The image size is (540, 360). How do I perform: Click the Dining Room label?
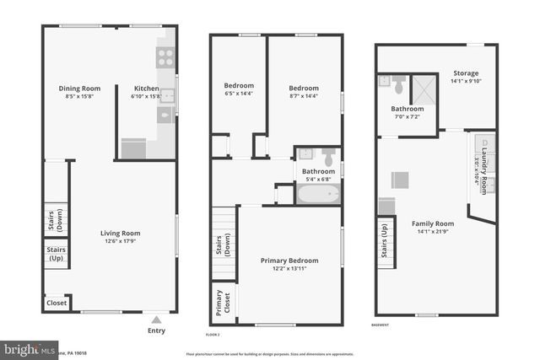(79, 88)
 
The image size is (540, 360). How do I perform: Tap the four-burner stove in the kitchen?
(165, 57)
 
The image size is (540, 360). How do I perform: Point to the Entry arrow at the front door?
(156, 320)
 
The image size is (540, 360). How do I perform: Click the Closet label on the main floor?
(57, 303)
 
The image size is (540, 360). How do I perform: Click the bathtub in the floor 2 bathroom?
(318, 195)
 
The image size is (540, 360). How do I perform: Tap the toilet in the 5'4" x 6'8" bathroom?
(329, 157)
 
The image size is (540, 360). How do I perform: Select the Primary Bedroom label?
(290, 261)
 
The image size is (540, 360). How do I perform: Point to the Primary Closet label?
(223, 303)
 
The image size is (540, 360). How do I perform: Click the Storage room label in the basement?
(465, 73)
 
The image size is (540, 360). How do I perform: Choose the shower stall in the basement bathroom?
(424, 89)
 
